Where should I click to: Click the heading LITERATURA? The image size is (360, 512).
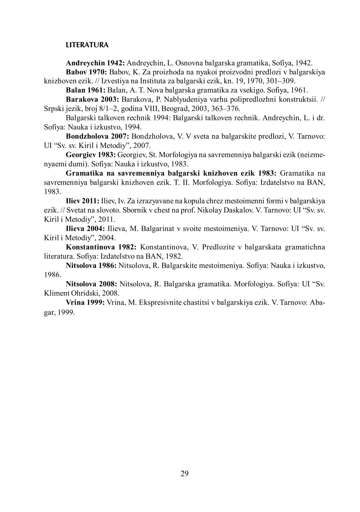[x=87, y=45]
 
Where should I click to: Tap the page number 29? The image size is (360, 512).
[x=185, y=473]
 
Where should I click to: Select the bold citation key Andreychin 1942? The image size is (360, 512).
[x=95, y=63]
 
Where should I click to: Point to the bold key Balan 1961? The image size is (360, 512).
[x=86, y=90]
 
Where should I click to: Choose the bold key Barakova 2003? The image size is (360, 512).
[x=93, y=99]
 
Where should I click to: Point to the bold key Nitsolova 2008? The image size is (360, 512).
[x=91, y=284]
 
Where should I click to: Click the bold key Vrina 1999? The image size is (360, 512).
[x=86, y=303]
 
